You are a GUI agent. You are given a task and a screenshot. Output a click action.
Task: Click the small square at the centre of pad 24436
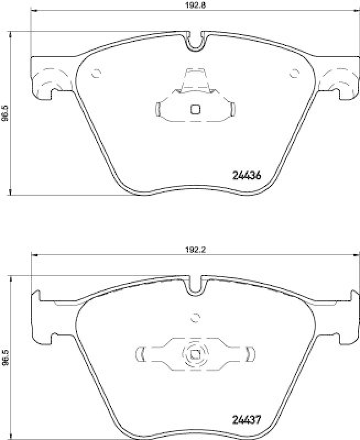coord(194,109)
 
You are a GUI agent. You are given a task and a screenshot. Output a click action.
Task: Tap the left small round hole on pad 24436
coord(97,73)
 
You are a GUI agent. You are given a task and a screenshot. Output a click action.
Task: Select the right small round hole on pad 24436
coord(292,73)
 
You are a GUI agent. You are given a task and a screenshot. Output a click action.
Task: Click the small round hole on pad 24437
coord(194,317)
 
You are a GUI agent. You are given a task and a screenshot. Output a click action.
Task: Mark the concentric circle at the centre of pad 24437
coord(194,355)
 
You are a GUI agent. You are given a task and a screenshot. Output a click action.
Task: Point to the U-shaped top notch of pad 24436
coord(194,43)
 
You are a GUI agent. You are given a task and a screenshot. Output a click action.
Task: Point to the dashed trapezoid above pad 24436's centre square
coord(196,80)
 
